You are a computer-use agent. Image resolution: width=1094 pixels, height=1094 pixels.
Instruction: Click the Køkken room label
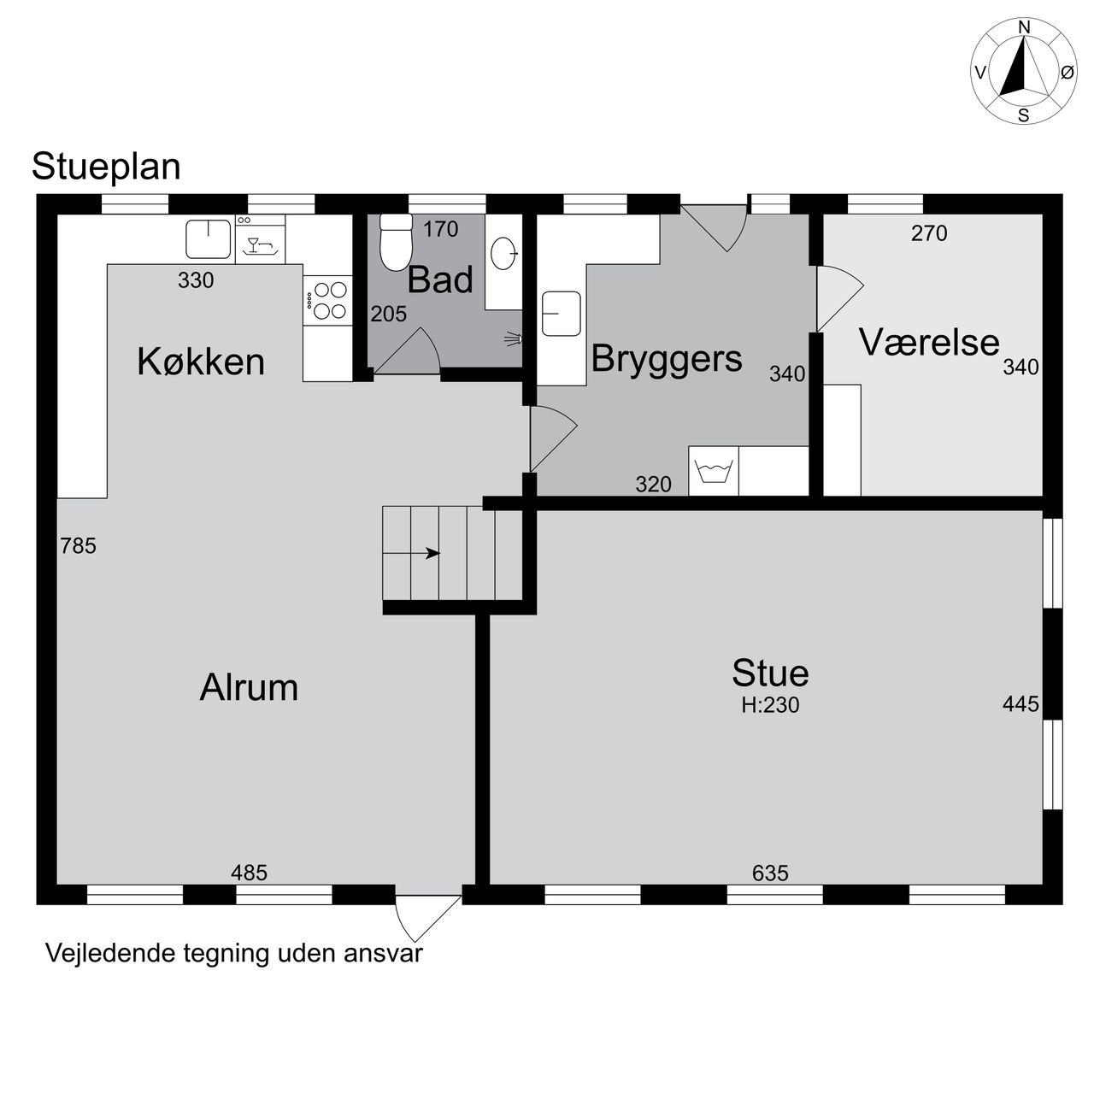pyautogui.click(x=201, y=362)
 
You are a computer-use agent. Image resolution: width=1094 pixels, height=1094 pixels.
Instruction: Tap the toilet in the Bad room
pyautogui.click(x=396, y=243)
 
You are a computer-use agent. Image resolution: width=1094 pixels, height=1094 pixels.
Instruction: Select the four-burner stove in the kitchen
pyautogui.click(x=327, y=300)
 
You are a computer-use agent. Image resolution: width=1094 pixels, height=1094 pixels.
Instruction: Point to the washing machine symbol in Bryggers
pyautogui.click(x=713, y=471)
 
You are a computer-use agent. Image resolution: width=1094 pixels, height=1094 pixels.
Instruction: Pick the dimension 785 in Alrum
pyautogui.click(x=79, y=546)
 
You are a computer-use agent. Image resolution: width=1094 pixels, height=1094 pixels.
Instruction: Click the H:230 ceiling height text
pyautogui.click(x=770, y=705)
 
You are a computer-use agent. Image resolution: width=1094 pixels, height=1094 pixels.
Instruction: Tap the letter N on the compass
pyautogui.click(x=1024, y=27)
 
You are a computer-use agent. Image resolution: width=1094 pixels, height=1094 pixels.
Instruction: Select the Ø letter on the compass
pyautogui.click(x=1068, y=73)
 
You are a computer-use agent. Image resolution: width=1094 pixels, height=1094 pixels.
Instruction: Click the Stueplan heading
pyautogui.click(x=106, y=167)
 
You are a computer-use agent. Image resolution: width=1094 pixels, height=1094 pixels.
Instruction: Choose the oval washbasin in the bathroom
pyautogui.click(x=503, y=253)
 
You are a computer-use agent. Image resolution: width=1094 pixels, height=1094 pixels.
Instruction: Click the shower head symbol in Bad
pyautogui.click(x=513, y=339)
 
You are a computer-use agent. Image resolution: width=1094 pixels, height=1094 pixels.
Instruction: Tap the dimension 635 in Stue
pyautogui.click(x=770, y=873)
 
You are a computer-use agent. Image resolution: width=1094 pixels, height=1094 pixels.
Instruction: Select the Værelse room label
pyautogui.click(x=929, y=342)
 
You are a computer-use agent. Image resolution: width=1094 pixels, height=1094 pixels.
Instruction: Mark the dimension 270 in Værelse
pyautogui.click(x=929, y=233)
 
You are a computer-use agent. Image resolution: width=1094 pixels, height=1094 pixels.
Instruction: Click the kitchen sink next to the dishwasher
pyautogui.click(x=209, y=238)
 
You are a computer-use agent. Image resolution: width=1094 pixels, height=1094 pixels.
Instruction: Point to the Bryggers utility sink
pyautogui.click(x=561, y=314)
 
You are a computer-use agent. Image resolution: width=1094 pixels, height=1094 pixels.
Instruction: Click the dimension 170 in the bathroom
pyautogui.click(x=440, y=229)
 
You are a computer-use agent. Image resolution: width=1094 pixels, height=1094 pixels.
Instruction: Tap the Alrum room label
pyautogui.click(x=249, y=688)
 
